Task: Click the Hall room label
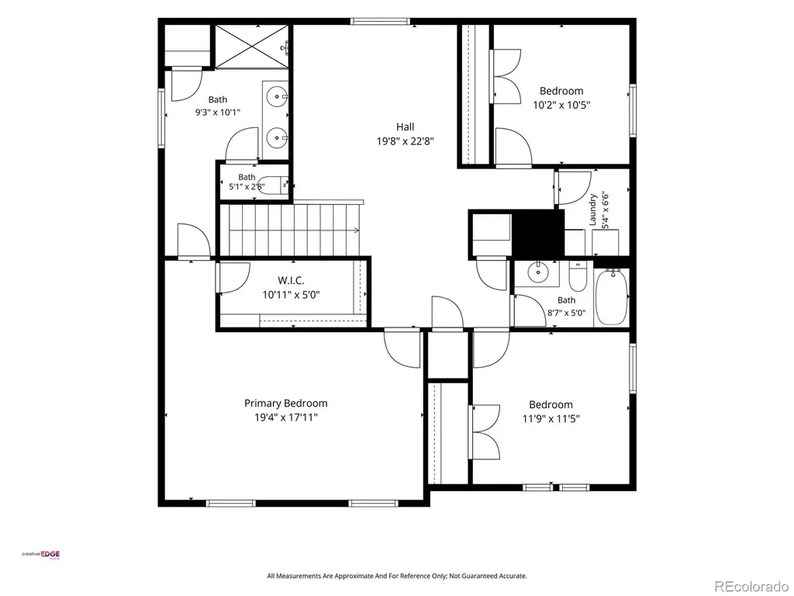[405, 126]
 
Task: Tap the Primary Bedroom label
[285, 404]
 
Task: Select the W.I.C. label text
[291, 280]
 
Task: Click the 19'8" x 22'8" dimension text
[405, 141]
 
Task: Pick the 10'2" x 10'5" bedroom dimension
[561, 106]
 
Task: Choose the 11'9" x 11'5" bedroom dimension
[551, 418]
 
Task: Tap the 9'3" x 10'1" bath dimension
[218, 112]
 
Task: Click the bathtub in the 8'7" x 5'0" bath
[612, 297]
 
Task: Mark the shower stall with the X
[252, 46]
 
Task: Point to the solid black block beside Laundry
[538, 234]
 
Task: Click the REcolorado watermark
[751, 587]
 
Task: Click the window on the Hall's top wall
[380, 21]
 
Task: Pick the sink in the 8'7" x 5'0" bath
[537, 273]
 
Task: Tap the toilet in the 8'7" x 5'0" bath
[577, 276]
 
